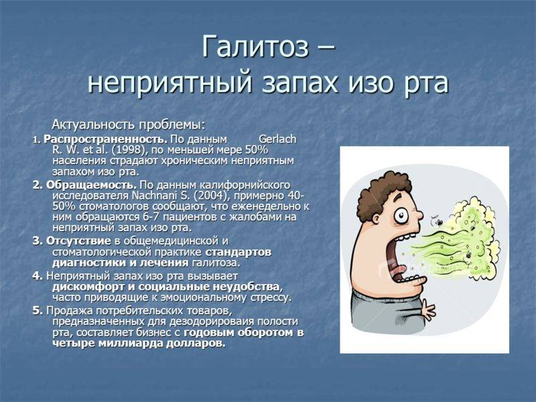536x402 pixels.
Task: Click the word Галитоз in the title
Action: click(255, 46)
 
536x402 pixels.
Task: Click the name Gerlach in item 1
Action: click(277, 139)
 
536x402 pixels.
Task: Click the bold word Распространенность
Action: click(106, 139)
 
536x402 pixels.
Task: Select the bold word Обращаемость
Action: click(91, 185)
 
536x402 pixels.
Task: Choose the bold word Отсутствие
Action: click(78, 241)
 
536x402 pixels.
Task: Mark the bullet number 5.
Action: click(37, 310)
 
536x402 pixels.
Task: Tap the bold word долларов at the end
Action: click(196, 343)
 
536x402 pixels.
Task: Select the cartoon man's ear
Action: click(377, 218)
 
